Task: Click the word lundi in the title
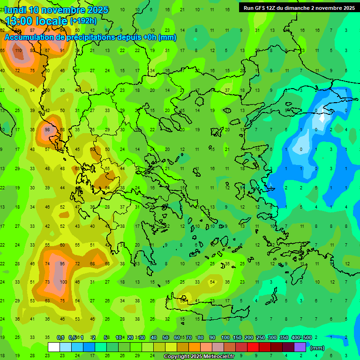pyautogui.click(x=16, y=10)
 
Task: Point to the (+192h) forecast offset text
pyautogui.click(x=83, y=21)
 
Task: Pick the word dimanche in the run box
pyautogui.click(x=297, y=7)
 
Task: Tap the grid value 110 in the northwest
pyautogui.click(x=18, y=50)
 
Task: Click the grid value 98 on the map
pyautogui.click(x=47, y=129)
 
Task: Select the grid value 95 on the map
pyautogui.click(x=62, y=264)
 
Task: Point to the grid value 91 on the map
pyautogui.click(x=62, y=50)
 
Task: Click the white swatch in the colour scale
pyautogui.click(x=54, y=347)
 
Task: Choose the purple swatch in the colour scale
pyautogui.click(x=300, y=347)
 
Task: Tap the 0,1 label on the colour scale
pyautogui.click(x=60, y=337)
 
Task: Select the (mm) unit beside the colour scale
pyautogui.click(x=317, y=348)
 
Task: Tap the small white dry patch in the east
pyautogui.click(x=322, y=117)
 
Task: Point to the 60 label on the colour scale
pyautogui.click(x=177, y=337)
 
